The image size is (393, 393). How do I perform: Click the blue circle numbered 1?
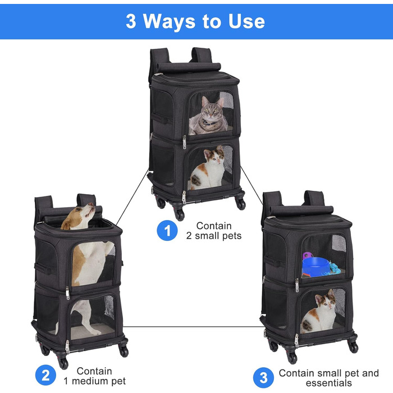[x=167, y=230]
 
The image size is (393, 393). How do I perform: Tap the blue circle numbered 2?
[x=45, y=375]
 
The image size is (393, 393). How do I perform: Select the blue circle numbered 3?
[x=263, y=377]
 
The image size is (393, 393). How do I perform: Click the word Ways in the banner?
[x=169, y=22]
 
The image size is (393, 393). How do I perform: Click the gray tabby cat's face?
[x=211, y=110]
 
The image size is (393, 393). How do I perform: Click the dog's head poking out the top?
[x=78, y=216]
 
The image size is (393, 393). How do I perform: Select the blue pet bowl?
[x=316, y=267]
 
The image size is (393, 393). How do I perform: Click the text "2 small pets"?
[x=214, y=236]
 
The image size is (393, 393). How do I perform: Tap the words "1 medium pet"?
[x=94, y=381]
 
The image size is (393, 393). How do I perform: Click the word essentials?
[x=328, y=383]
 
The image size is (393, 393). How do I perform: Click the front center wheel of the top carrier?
[x=180, y=215]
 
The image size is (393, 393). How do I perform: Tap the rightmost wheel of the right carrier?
[x=353, y=347]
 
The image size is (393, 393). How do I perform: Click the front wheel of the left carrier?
[x=63, y=363]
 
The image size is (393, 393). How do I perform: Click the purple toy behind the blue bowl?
[x=308, y=255]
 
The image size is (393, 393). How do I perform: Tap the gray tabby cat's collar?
[x=209, y=123]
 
